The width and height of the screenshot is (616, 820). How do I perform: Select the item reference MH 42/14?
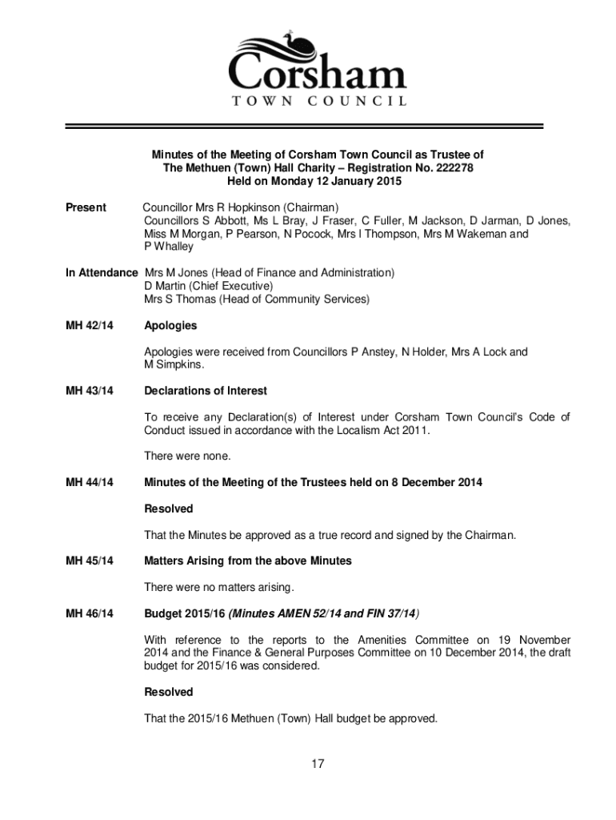pos(90,326)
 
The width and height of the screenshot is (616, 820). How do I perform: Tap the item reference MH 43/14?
pos(90,391)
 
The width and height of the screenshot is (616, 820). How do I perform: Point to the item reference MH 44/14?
pos(90,482)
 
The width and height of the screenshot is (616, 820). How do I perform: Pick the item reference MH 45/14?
pos(90,561)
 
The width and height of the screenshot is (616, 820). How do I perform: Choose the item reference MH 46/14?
pos(90,613)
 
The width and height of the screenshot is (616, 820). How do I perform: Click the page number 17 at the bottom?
pos(318,764)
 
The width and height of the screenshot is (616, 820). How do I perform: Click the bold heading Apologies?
pos(170,326)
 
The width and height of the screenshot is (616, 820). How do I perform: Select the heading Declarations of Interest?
pos(206,391)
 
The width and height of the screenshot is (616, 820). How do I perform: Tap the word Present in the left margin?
pos(86,207)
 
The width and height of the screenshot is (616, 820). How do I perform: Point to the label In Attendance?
pos(102,273)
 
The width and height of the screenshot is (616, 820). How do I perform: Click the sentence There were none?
pos(187,456)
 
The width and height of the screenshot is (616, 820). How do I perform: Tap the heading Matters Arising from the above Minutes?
pos(248,561)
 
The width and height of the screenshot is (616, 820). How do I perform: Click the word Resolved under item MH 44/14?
pos(169,508)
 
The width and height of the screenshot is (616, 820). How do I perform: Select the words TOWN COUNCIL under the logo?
pos(318,101)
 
